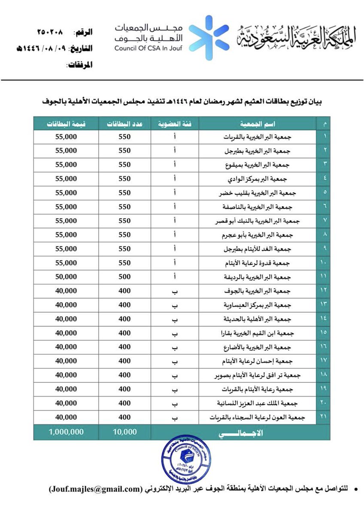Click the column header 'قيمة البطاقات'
click(x=66, y=124)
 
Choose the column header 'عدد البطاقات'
click(x=124, y=124)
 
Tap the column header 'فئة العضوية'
click(x=175, y=124)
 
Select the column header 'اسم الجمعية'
click(x=258, y=124)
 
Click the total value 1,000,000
click(x=66, y=433)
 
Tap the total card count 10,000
click(x=124, y=433)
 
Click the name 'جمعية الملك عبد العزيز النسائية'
click(x=258, y=404)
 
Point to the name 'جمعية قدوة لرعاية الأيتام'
click(x=258, y=262)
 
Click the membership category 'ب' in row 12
click(x=175, y=291)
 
